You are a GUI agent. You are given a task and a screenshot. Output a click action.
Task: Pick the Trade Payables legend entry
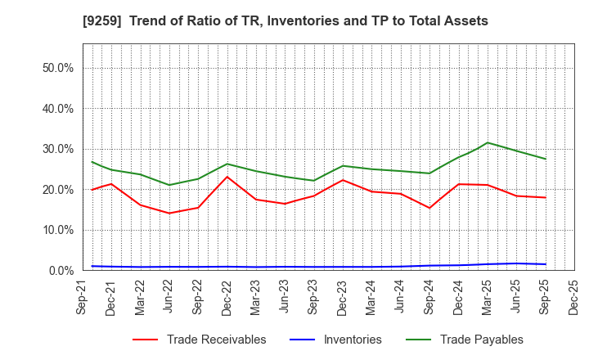coord(479,340)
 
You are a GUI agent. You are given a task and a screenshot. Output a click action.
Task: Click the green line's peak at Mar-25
coord(488,142)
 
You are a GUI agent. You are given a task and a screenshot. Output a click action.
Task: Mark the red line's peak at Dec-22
coord(227,177)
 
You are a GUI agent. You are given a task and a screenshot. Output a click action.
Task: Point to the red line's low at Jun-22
coord(169,213)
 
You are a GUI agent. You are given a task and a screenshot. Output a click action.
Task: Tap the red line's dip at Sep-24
coord(429,208)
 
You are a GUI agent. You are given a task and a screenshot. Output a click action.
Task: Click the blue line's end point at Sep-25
coord(546,264)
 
